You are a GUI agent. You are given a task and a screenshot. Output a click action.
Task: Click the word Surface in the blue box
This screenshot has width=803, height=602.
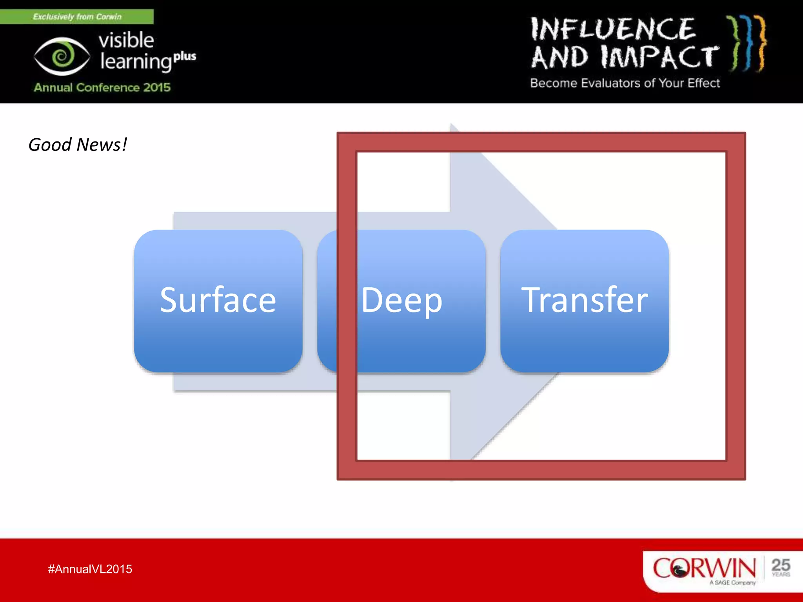[x=218, y=301]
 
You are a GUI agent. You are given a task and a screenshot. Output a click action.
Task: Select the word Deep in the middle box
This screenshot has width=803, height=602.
[x=401, y=301]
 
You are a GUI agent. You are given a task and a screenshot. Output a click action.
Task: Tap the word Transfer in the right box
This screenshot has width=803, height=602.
[x=584, y=301]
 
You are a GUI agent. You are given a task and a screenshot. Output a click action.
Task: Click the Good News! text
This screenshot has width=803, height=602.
[x=78, y=145]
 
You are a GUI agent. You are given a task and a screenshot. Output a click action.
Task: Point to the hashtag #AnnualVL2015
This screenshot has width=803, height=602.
[x=90, y=569]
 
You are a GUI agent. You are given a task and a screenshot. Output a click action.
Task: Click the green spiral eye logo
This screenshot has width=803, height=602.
[x=62, y=56]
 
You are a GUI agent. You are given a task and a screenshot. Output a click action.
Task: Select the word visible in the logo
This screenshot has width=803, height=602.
[x=126, y=40]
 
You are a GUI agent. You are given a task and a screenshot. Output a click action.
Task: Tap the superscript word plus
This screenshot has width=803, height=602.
[x=185, y=56]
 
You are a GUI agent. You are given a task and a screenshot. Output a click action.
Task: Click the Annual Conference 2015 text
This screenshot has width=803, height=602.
[x=102, y=87]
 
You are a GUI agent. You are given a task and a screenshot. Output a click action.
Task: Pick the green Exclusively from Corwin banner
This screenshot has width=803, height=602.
[x=77, y=17]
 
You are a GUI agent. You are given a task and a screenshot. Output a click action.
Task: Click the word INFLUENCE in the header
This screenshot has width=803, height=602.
[x=613, y=29]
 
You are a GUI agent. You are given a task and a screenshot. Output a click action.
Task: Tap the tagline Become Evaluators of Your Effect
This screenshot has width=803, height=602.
[x=625, y=83]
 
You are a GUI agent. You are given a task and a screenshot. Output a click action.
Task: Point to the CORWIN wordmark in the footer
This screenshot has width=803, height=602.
[x=704, y=568]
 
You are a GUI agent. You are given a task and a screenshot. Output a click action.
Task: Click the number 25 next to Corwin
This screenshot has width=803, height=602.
[x=780, y=565]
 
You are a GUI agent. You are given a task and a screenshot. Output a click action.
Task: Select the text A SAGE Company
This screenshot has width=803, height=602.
[x=732, y=583]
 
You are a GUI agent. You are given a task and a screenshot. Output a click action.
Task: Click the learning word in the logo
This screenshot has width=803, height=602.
[x=135, y=62]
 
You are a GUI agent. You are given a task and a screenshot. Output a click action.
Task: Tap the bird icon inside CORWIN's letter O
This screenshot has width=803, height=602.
[x=679, y=569]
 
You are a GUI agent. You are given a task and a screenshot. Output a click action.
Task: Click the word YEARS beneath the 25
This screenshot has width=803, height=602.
[x=781, y=575]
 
